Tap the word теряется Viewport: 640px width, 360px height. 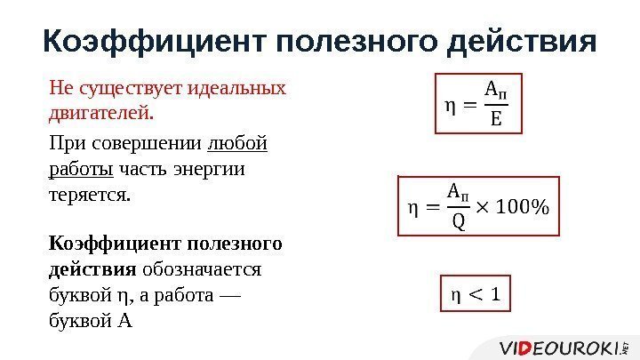89,193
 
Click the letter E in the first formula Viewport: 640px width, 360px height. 495,119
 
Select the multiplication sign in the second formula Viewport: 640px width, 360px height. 482,207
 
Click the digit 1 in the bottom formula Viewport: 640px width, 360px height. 495,294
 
